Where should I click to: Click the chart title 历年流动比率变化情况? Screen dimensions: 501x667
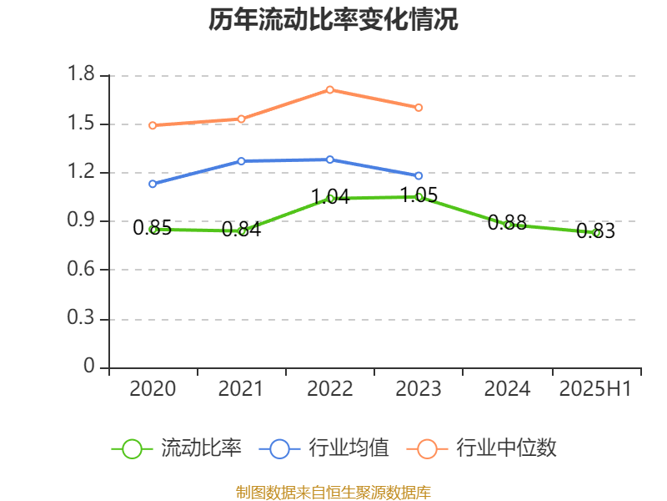(x=333, y=20)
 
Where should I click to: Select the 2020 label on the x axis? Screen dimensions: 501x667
(x=153, y=389)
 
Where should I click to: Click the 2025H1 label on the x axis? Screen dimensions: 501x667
(x=595, y=389)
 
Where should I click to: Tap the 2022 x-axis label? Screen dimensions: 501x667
(x=330, y=389)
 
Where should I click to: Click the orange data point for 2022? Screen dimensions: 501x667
(x=330, y=89)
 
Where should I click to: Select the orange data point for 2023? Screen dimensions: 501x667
(x=419, y=108)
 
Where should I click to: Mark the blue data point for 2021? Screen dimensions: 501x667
(x=241, y=160)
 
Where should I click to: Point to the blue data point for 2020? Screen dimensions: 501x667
(x=153, y=184)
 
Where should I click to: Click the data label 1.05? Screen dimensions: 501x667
(x=419, y=195)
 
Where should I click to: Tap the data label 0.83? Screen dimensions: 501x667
(x=595, y=231)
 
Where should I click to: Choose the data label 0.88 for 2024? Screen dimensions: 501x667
(x=507, y=222)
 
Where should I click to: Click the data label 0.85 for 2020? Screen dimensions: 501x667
(x=153, y=227)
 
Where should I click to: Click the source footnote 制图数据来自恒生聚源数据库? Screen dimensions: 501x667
(x=333, y=492)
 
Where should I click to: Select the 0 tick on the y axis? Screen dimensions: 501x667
(x=90, y=367)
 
